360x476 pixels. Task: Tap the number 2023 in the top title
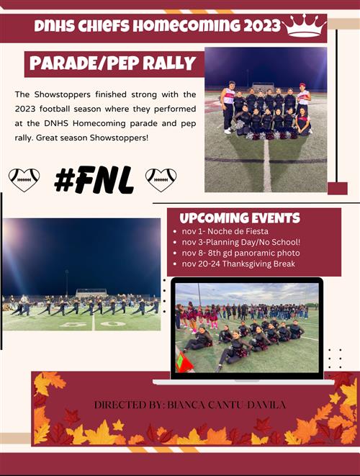click(262, 26)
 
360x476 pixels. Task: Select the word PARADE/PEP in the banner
click(84, 63)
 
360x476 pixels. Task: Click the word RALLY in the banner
click(169, 63)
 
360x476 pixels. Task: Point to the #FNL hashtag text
click(94, 180)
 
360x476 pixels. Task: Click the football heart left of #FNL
click(24, 180)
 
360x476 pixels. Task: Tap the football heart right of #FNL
click(161, 180)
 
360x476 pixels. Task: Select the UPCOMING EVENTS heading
click(240, 218)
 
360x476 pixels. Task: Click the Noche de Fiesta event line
click(225, 231)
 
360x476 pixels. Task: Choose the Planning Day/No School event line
click(241, 242)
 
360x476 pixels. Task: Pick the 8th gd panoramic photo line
click(240, 253)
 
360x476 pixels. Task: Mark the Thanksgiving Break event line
click(238, 264)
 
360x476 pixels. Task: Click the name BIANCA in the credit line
click(186, 405)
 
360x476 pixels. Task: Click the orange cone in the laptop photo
click(184, 362)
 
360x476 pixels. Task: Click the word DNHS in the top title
click(54, 26)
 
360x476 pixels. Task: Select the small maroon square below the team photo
click(338, 188)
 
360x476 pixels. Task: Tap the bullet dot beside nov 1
click(175, 232)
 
